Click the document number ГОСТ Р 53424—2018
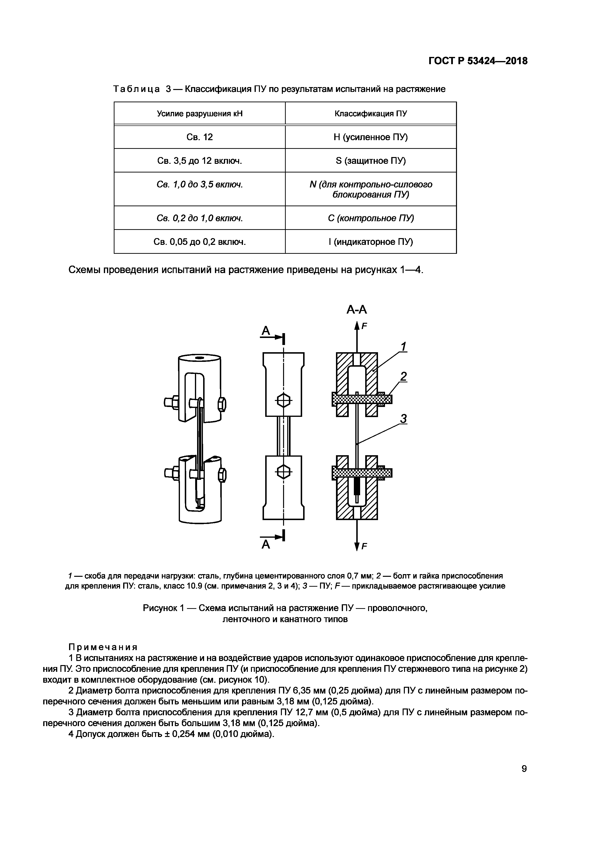[x=478, y=61]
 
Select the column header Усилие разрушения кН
[x=200, y=113]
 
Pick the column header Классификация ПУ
[x=371, y=113]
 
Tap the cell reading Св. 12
[x=200, y=137]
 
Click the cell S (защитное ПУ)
[x=371, y=161]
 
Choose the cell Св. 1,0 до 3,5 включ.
[x=200, y=184]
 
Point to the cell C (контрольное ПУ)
[x=371, y=218]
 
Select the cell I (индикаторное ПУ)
[x=371, y=242]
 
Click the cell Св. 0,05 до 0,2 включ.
[x=200, y=242]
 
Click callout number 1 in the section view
[x=404, y=346]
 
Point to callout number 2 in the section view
[x=404, y=376]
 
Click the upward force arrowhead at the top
[x=357, y=325]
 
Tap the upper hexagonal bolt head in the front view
[x=283, y=399]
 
